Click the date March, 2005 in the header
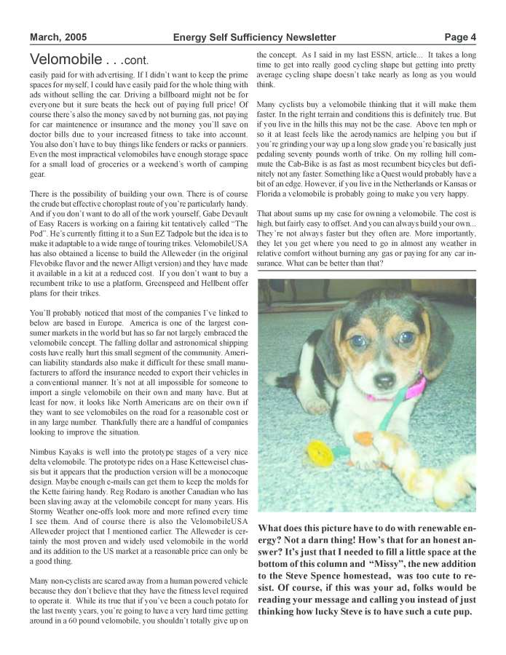tap(58, 37)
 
